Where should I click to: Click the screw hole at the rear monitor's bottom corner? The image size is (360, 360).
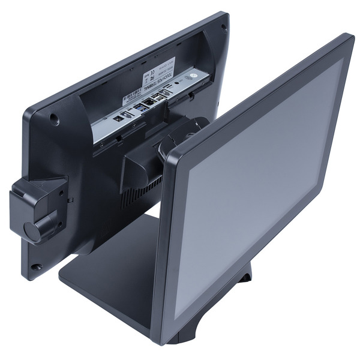[37, 266]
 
